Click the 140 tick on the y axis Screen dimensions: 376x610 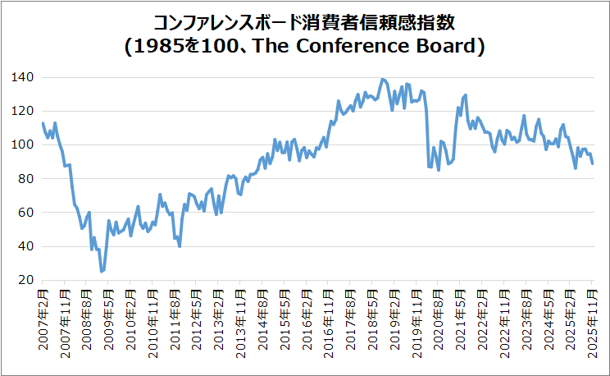pos(23,77)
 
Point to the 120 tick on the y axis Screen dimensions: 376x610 pos(23,111)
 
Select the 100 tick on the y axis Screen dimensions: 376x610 pos(23,144)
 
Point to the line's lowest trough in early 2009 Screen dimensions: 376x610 pos(102,271)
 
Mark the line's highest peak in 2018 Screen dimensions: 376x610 pos(383,79)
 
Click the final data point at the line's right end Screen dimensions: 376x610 pos(593,163)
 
